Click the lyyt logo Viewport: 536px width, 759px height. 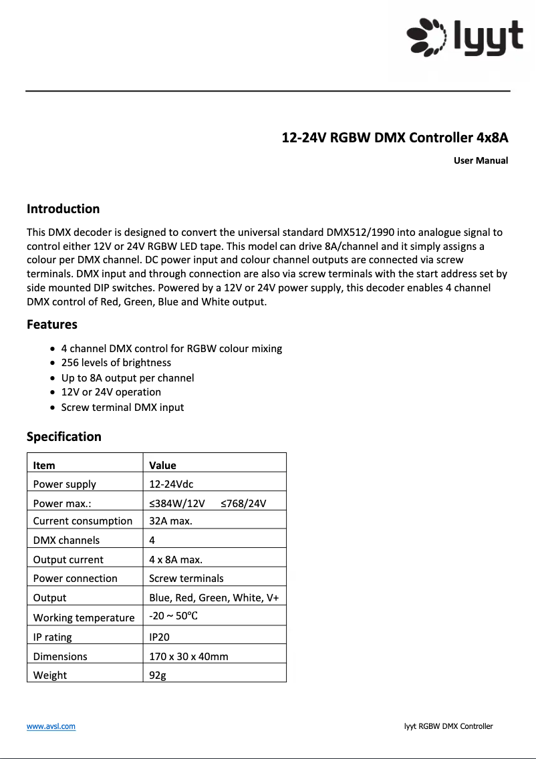[x=465, y=37]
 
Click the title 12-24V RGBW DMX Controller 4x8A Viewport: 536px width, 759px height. [x=394, y=138]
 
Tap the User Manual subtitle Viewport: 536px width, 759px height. [x=481, y=160]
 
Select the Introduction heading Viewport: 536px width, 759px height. [x=63, y=209]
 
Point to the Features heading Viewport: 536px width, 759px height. [x=52, y=325]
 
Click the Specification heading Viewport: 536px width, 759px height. [x=64, y=437]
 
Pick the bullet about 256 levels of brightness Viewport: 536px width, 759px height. [x=116, y=363]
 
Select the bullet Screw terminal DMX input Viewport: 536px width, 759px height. [x=122, y=408]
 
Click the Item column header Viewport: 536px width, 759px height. [x=44, y=465]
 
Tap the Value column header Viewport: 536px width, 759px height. [x=162, y=465]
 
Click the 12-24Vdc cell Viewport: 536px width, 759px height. [x=171, y=484]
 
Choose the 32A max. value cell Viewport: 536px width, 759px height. [x=170, y=521]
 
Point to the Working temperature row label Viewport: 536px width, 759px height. [x=84, y=618]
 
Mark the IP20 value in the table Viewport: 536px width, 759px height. [x=159, y=637]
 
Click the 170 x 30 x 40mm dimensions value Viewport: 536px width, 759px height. [x=188, y=657]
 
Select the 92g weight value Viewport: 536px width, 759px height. [x=157, y=675]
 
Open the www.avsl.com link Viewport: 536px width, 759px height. [x=51, y=726]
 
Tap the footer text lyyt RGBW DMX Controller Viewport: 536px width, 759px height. [x=448, y=726]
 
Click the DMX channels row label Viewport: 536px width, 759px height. [x=66, y=541]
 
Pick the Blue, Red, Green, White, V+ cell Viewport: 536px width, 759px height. [x=214, y=598]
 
